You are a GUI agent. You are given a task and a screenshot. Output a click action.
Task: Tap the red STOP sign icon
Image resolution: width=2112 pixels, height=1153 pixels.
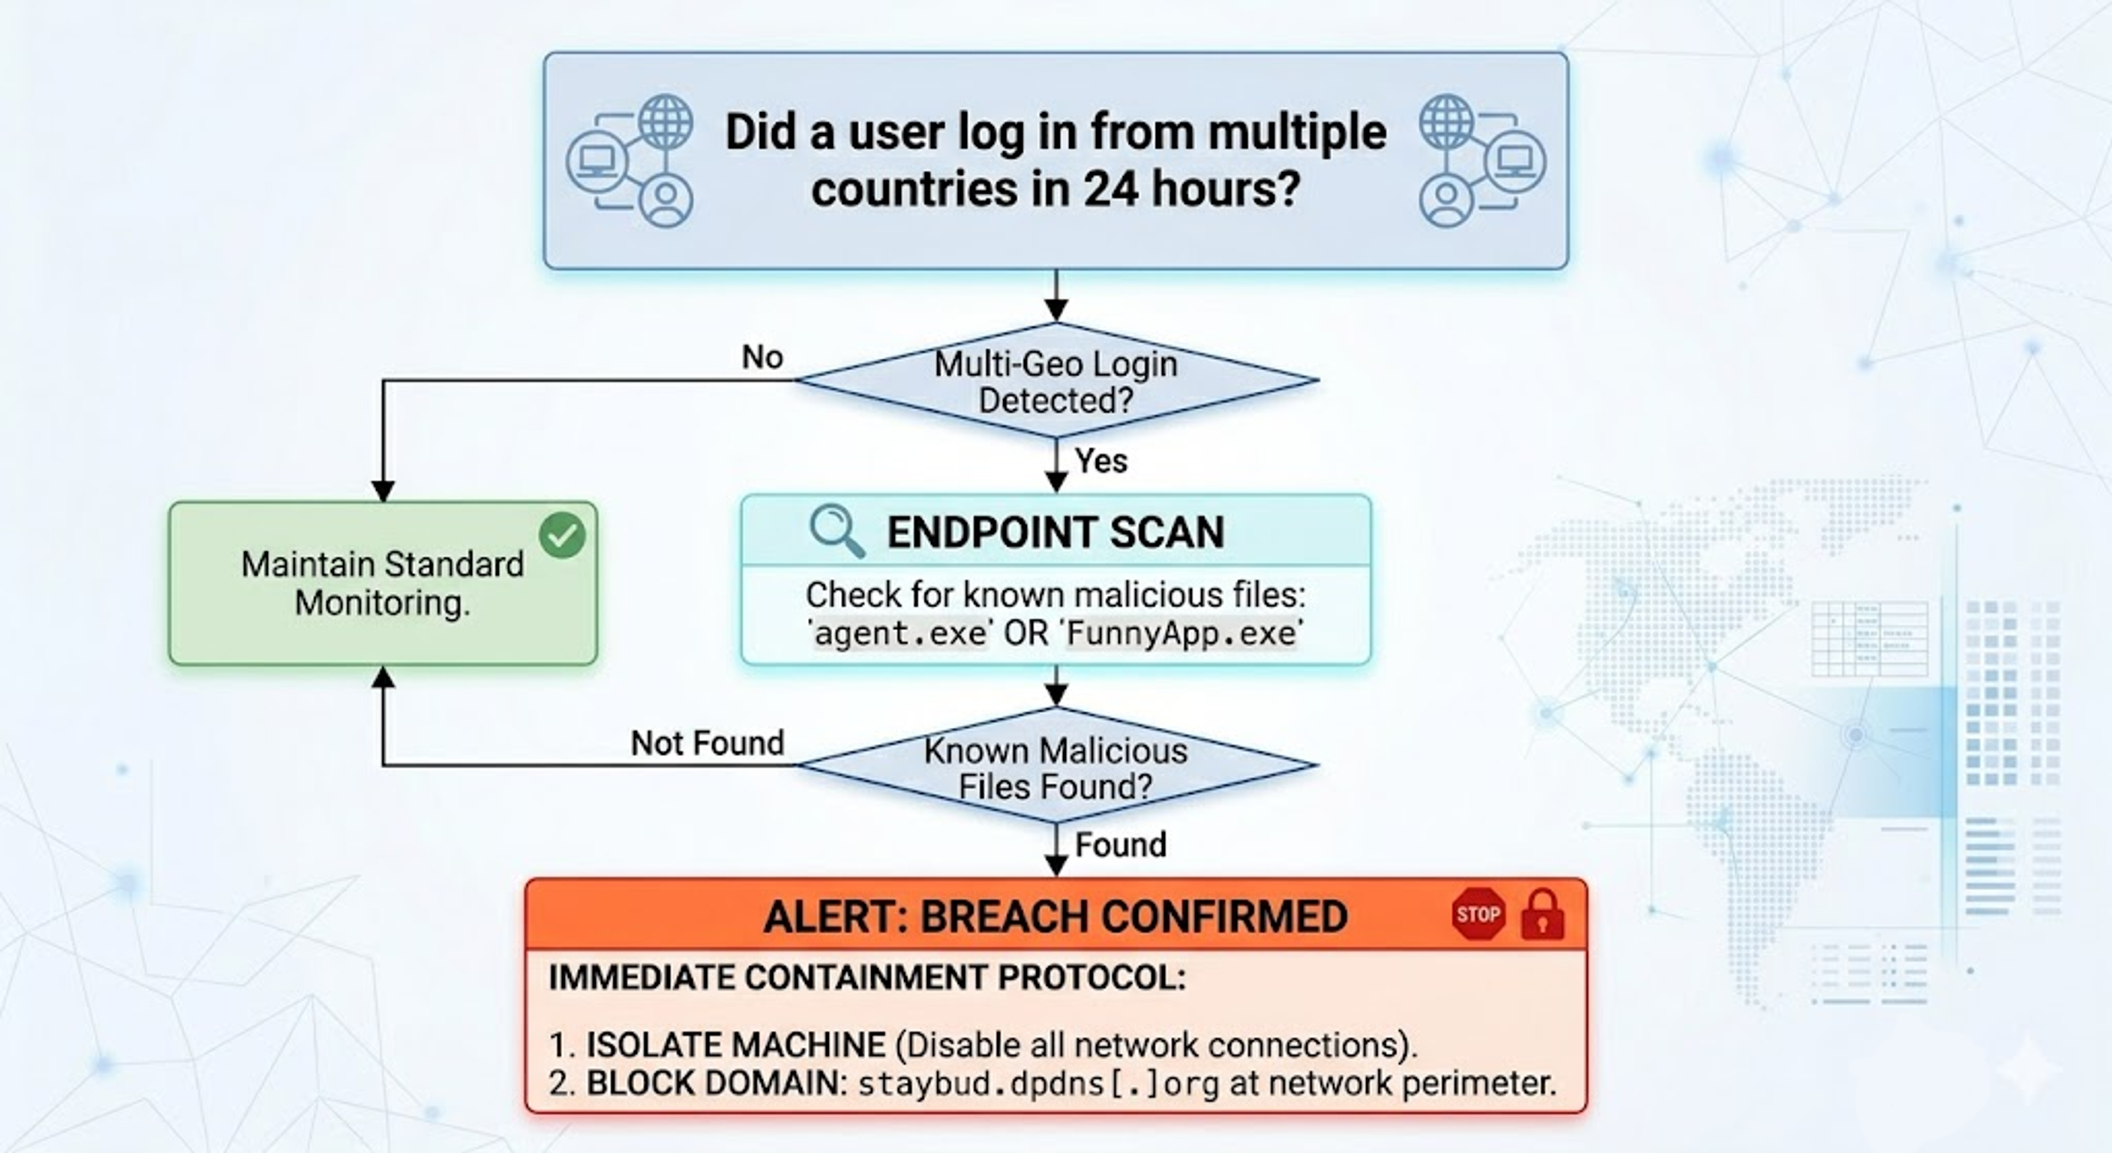(1478, 914)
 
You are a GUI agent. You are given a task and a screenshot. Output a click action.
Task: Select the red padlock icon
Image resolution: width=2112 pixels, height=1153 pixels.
(1542, 914)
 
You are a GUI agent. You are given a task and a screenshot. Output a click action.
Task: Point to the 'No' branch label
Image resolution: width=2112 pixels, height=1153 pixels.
(762, 356)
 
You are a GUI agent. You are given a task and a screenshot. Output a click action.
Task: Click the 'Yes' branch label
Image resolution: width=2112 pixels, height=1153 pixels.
(1101, 461)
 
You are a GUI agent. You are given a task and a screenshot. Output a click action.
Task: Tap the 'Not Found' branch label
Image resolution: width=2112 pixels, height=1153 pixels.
(707, 743)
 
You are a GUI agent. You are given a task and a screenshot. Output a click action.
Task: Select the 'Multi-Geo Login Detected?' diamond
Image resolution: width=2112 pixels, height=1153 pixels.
(1056, 381)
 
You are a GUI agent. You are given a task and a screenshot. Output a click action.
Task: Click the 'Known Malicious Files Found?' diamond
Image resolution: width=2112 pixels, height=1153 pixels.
(1056, 766)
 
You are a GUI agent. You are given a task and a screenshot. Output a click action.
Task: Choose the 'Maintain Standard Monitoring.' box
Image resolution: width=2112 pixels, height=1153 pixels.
(383, 583)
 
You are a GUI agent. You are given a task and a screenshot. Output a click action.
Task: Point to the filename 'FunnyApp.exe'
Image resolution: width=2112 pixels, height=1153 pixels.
(1182, 634)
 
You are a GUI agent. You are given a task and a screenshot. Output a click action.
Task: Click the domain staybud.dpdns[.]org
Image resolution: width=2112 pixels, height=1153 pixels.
(1039, 1084)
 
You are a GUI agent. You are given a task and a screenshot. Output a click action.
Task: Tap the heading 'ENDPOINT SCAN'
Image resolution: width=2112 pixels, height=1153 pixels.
(1056, 532)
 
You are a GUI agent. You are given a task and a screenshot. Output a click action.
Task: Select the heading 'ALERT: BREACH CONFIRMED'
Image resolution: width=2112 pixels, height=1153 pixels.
(1055, 916)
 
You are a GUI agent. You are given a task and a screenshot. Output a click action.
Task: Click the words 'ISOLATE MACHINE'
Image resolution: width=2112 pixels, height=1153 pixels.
(735, 1045)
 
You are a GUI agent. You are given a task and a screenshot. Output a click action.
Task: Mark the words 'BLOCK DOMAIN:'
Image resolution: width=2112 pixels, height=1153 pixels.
(717, 1083)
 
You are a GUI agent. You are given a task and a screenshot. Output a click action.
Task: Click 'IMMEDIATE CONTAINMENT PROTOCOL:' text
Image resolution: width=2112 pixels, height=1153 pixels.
(867, 978)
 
